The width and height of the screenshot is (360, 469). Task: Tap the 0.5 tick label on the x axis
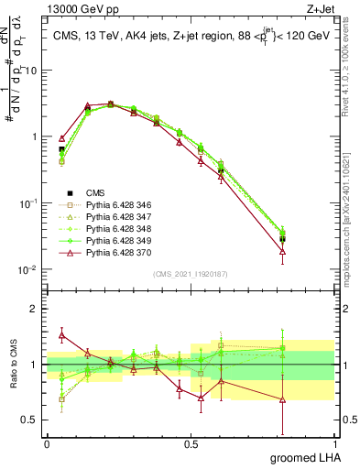coord(191,443)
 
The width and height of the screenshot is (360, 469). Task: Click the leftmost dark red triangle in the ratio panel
coord(61,335)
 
